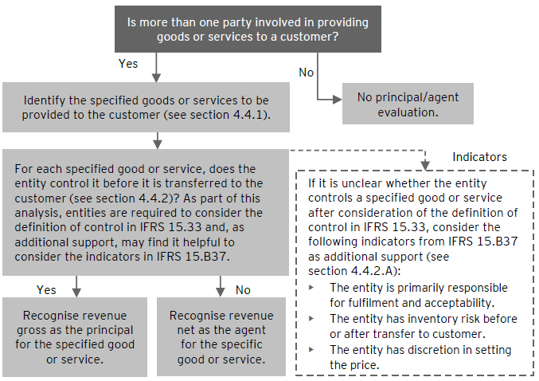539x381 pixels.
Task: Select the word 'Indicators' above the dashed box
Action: [x=479, y=157]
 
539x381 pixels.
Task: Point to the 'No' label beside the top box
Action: [x=306, y=73]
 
